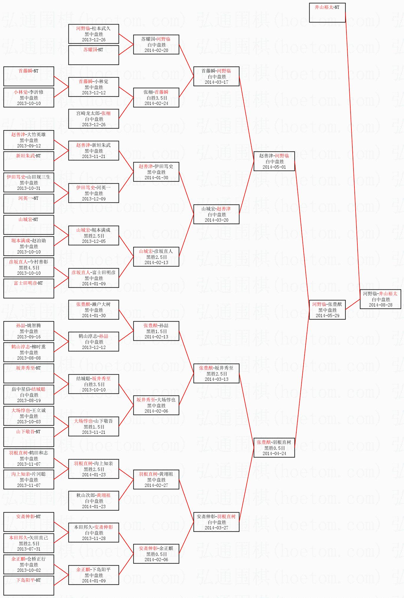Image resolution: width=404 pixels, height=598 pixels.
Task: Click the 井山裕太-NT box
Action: pos(327,13)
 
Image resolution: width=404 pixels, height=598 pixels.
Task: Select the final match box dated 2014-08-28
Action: pos(380,299)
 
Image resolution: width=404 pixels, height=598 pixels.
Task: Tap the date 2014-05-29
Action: pos(327,316)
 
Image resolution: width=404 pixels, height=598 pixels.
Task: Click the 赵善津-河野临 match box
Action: pos(274,161)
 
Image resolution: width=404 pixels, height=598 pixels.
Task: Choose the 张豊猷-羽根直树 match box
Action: pos(274,448)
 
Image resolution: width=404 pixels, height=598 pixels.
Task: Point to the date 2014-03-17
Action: pos(216,82)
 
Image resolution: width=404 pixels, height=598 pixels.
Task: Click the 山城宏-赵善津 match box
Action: pos(216,214)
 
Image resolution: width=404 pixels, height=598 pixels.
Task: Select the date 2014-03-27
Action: pos(216,528)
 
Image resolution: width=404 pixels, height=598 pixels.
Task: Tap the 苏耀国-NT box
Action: pos(94,55)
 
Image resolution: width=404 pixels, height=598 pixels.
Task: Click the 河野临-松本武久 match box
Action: pos(94,34)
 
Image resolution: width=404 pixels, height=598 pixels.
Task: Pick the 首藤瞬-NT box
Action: pos(29,76)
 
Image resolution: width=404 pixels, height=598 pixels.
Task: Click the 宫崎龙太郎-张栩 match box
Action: pos(94,119)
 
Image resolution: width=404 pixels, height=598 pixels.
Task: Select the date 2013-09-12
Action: pos(29,146)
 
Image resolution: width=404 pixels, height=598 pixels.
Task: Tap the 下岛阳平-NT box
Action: pos(29,586)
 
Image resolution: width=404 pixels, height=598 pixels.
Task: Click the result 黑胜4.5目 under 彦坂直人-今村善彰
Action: pos(29,268)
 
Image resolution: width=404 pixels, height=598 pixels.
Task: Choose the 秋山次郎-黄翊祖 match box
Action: pos(94,501)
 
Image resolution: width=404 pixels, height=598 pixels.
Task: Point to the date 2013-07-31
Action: pos(29,549)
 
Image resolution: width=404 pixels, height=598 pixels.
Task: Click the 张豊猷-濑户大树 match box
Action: pos(94,310)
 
